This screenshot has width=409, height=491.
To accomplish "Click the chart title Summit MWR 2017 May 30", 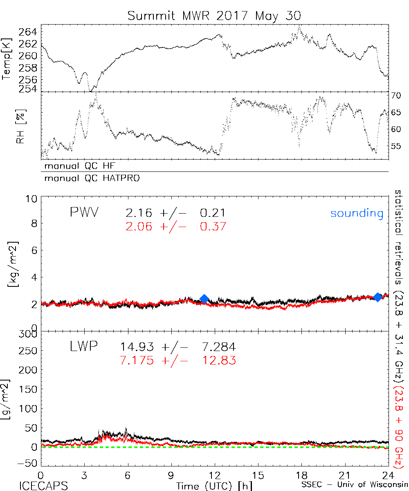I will tap(214, 16).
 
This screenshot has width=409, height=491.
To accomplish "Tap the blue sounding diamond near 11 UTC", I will tap(204, 299).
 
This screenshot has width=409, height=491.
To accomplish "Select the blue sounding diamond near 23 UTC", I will tap(378, 297).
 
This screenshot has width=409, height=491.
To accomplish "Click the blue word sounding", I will tap(357, 214).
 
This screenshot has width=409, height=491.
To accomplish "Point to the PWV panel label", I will tap(84, 213).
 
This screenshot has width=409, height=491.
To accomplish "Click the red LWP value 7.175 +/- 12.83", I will tap(178, 360).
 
